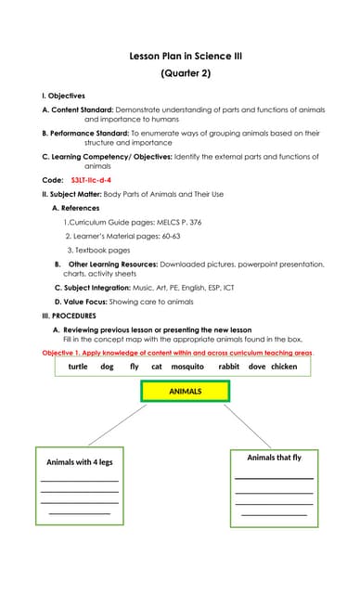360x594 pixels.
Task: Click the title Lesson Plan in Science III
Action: [185, 57]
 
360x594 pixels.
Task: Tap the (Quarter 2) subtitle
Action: [185, 72]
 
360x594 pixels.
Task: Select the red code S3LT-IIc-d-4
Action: [91, 179]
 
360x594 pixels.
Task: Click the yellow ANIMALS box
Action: [185, 392]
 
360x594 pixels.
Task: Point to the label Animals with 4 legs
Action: [80, 462]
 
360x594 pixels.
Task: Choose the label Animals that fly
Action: [274, 458]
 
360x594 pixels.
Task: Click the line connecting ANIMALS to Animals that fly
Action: [248, 427]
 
